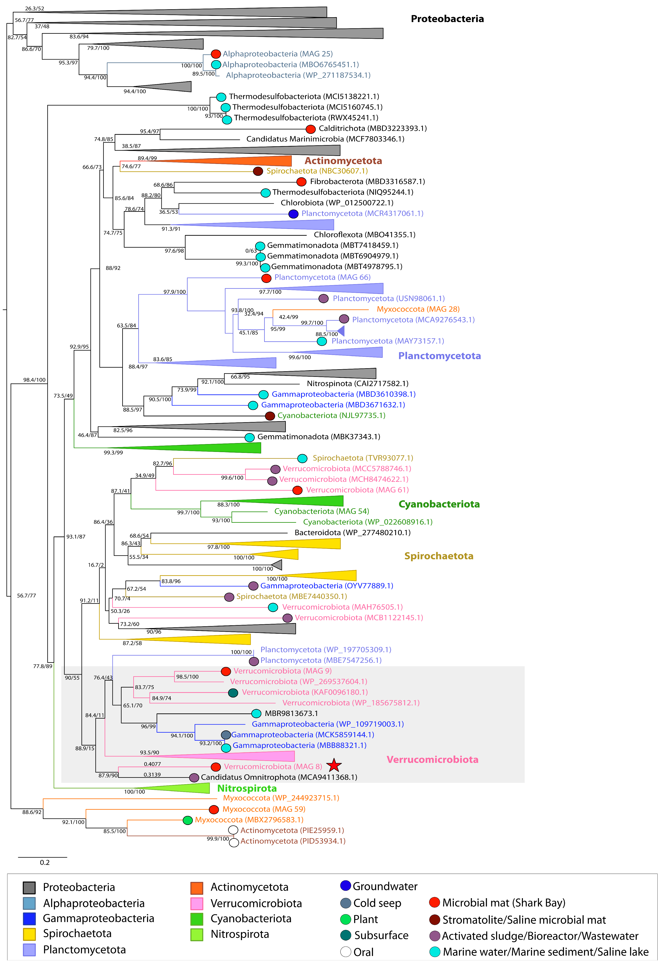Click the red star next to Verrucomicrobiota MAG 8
334,765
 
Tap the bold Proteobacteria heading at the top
447,19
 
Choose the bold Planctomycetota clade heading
439,356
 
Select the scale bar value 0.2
45,862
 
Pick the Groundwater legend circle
346,886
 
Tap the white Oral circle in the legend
346,952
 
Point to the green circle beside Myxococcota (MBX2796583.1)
187,820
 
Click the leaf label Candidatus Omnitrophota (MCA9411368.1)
279,777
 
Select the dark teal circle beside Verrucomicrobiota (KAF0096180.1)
233,693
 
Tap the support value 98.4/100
34,380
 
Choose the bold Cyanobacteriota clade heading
439,504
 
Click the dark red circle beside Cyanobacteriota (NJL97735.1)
270,416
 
